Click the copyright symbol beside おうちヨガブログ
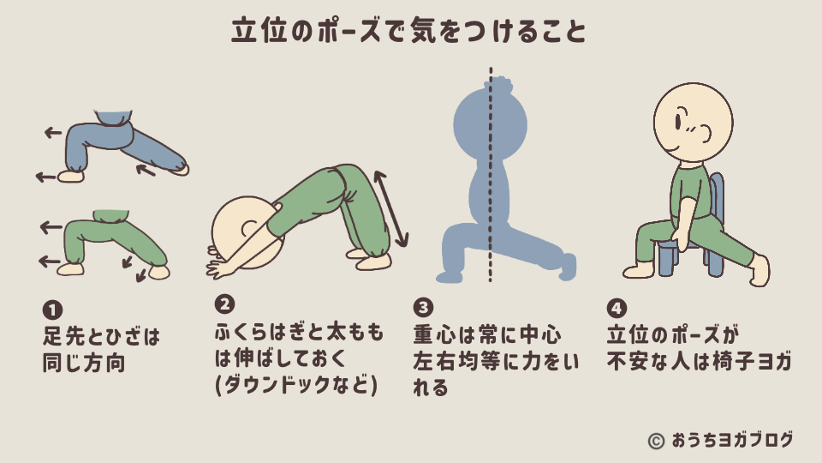click(656, 441)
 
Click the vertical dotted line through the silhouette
click(491, 171)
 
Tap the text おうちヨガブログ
click(733, 441)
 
